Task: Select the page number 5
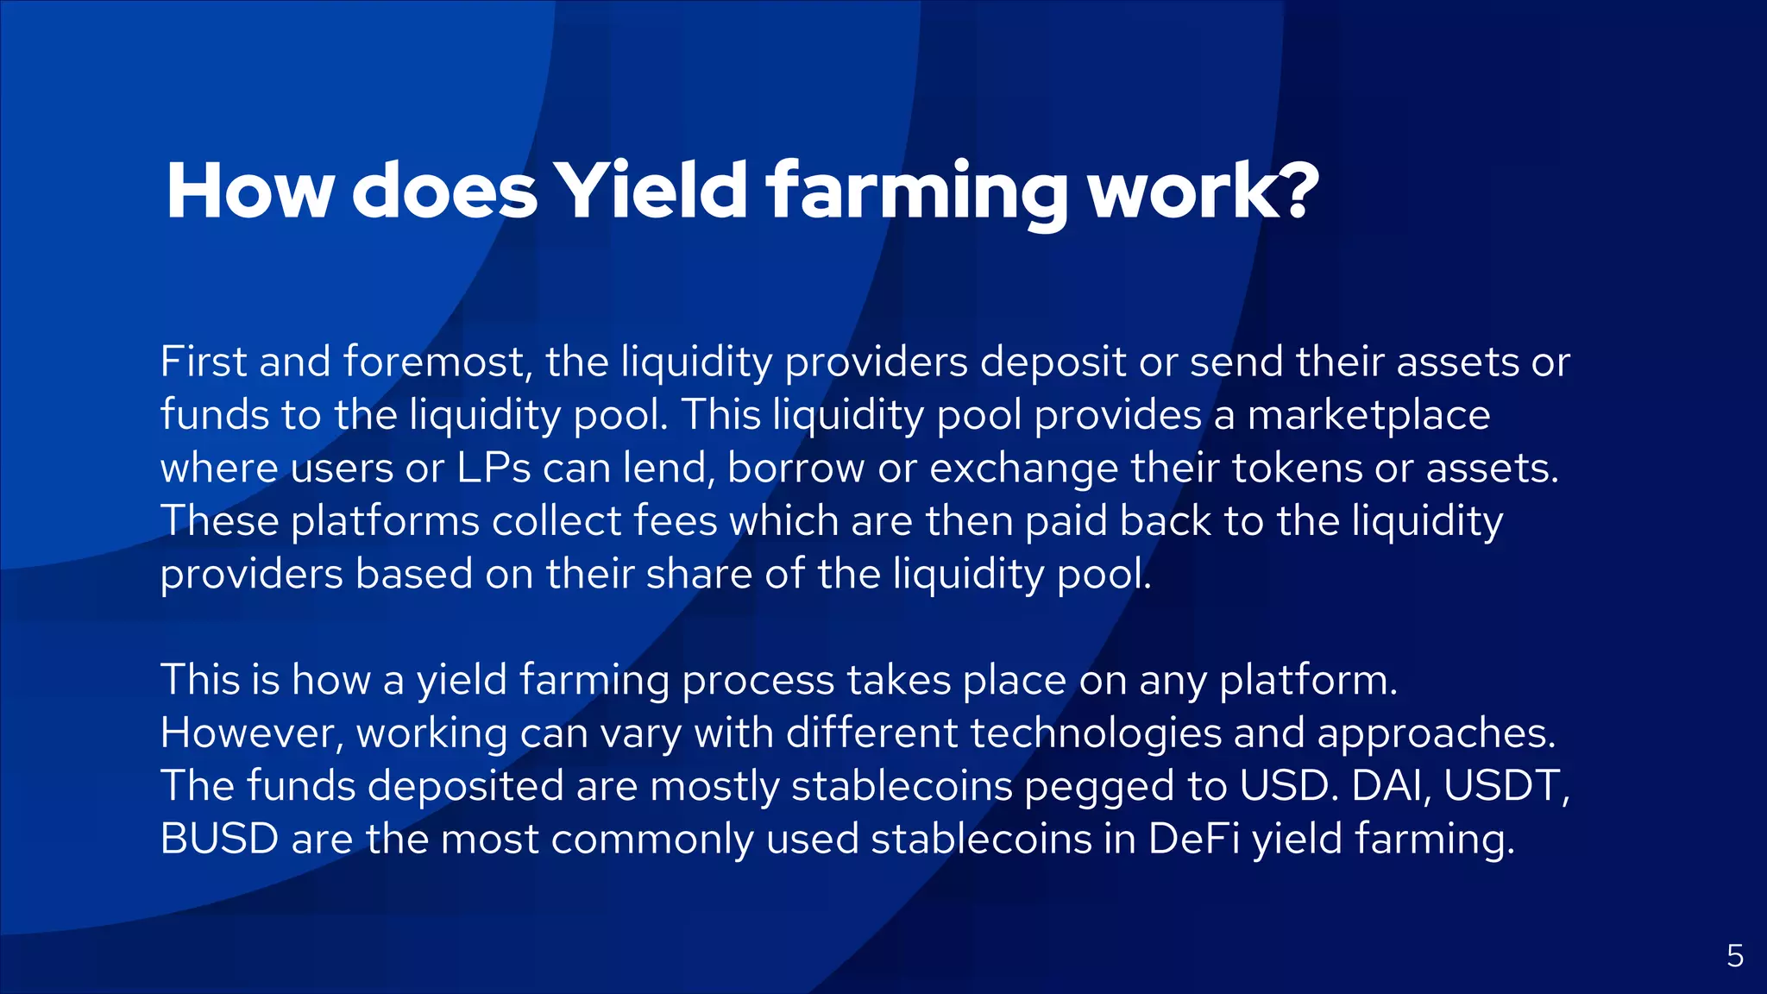click(x=1735, y=956)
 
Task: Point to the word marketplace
click(x=1368, y=415)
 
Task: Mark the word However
click(x=252, y=733)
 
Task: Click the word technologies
click(x=1096, y=733)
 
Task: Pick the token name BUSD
click(x=219, y=840)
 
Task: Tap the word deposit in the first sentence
click(x=1053, y=363)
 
